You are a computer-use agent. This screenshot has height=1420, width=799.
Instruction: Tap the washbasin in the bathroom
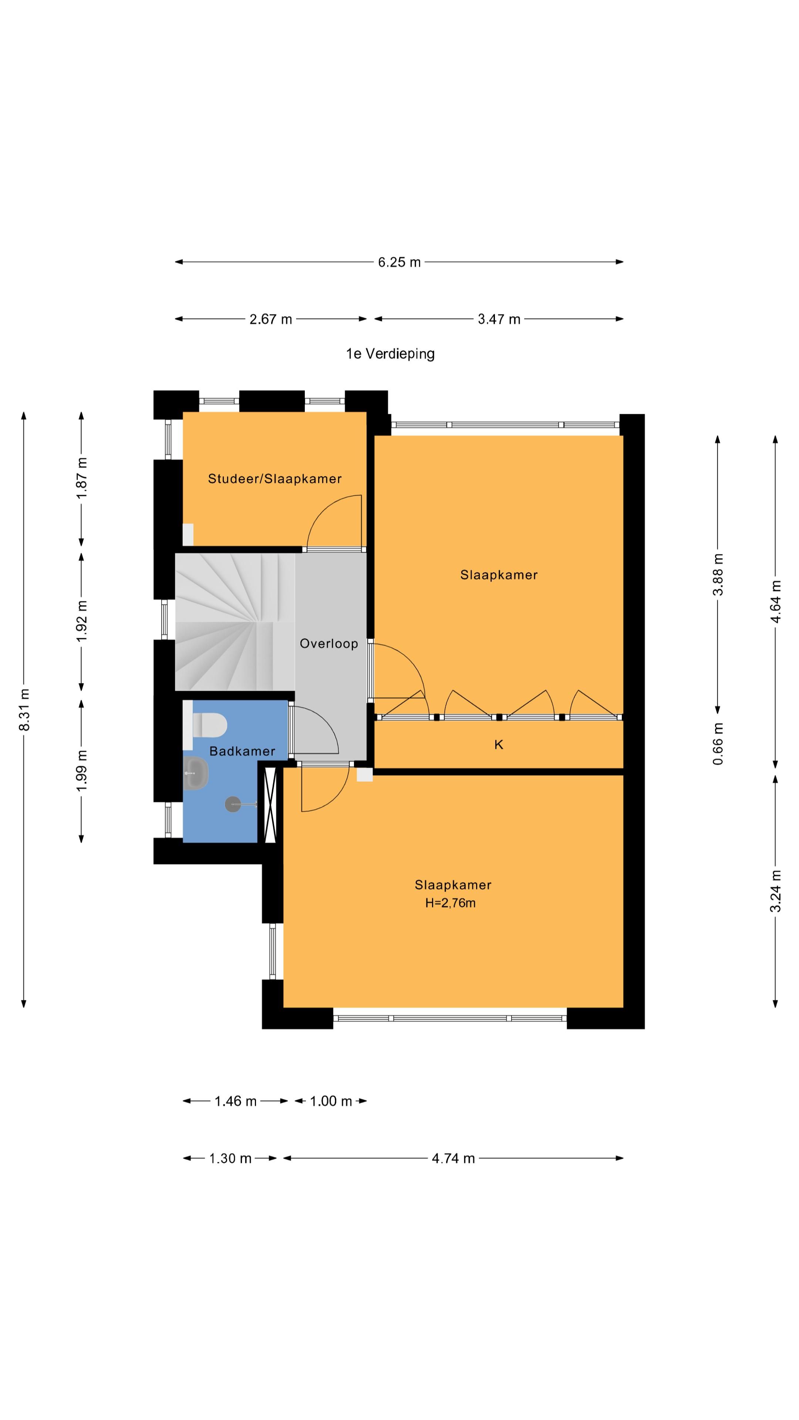pyautogui.click(x=196, y=773)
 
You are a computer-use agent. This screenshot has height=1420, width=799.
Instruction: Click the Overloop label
pyautogui.click(x=328, y=643)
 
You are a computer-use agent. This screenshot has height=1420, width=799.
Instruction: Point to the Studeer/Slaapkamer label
pyautogui.click(x=274, y=479)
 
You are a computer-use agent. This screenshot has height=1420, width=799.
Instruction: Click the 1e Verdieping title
pyautogui.click(x=390, y=354)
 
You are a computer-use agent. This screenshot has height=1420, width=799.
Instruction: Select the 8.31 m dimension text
pyautogui.click(x=24, y=710)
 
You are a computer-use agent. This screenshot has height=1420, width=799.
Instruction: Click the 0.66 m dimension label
pyautogui.click(x=718, y=744)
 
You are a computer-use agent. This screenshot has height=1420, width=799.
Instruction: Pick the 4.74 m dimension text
pyautogui.click(x=453, y=1158)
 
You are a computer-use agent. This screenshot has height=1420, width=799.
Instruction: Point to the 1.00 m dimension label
pyautogui.click(x=331, y=1101)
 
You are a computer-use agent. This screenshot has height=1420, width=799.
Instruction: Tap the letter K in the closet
pyautogui.click(x=499, y=745)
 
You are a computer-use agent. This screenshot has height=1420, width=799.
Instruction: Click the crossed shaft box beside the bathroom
pyautogui.click(x=270, y=805)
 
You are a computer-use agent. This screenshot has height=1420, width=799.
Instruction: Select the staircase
pyautogui.click(x=235, y=622)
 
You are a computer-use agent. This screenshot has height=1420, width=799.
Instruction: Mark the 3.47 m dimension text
pyautogui.click(x=499, y=319)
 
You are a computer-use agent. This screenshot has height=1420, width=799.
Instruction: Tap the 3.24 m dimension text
pyautogui.click(x=776, y=891)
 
